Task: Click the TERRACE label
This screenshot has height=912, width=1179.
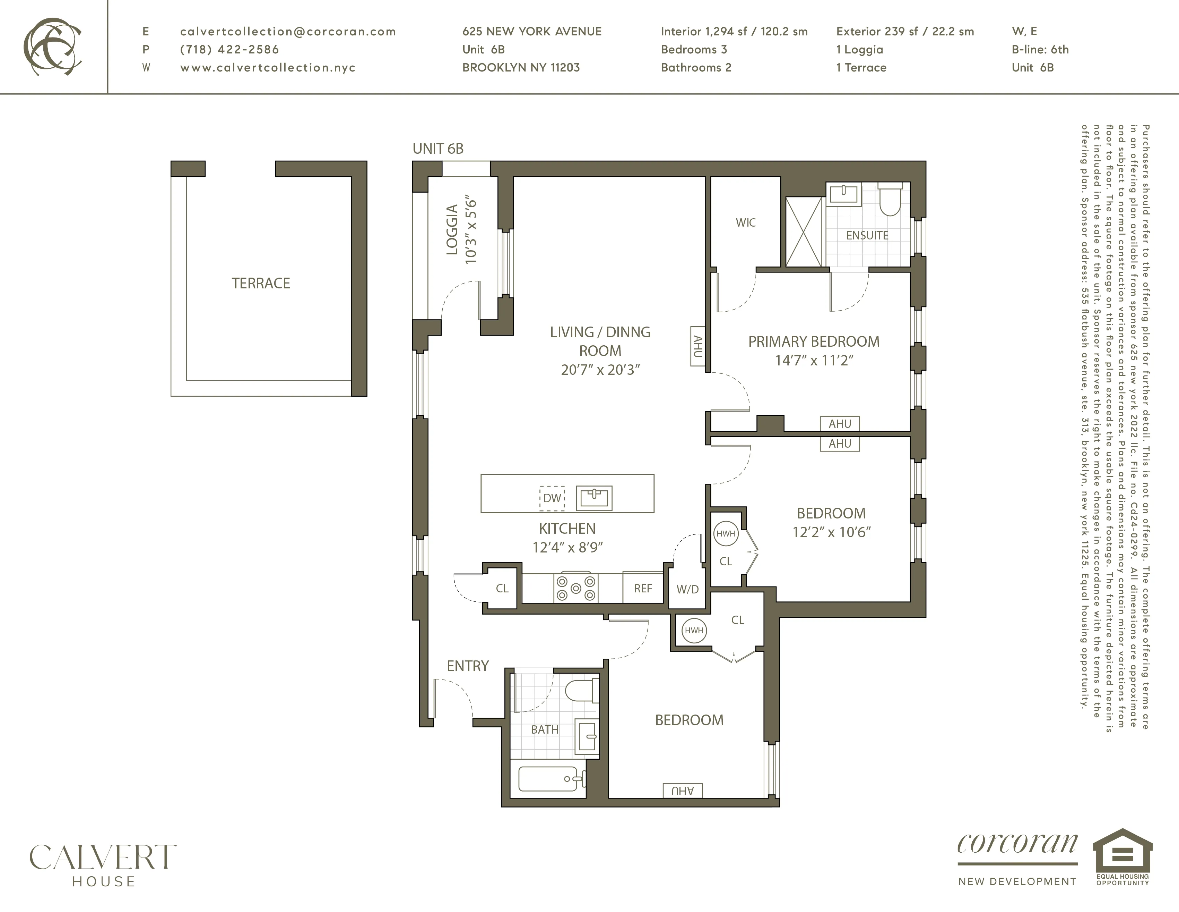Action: coord(261,283)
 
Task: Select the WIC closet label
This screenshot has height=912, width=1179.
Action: coord(746,222)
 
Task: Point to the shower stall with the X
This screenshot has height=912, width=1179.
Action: coord(804,232)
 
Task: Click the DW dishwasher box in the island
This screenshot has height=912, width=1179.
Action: coord(552,498)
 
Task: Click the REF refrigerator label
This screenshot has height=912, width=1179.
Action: coord(642,588)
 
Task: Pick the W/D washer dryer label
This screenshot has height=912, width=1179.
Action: coord(687,590)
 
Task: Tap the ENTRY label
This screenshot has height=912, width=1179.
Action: coord(468,666)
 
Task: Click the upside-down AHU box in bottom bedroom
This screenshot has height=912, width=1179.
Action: coord(682,791)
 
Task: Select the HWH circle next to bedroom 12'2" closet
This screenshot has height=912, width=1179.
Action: coord(726,534)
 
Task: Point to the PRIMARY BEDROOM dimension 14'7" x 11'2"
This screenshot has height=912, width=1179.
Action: coord(814,360)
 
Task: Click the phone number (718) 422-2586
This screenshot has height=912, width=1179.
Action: coord(229,50)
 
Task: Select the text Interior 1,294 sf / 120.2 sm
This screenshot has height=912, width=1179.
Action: coord(734,31)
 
